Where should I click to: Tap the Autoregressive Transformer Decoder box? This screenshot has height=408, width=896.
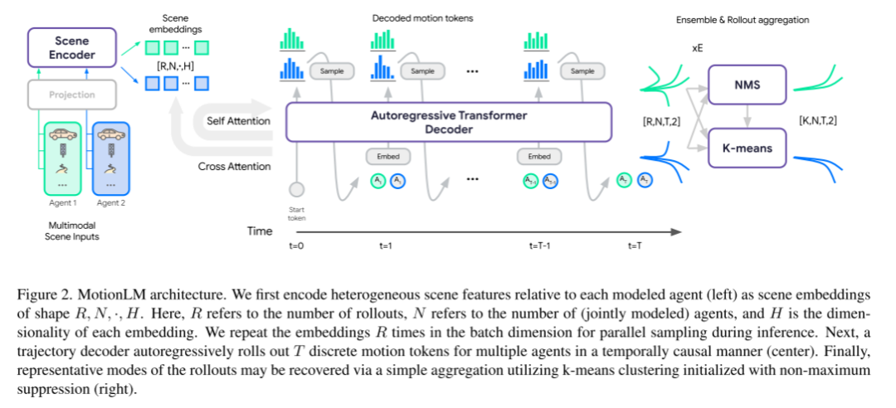(x=448, y=121)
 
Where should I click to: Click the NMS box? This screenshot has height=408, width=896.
(x=744, y=83)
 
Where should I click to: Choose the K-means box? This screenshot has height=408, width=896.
(x=744, y=149)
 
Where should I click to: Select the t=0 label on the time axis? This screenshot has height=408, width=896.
(x=297, y=245)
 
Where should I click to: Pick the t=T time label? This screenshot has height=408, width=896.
(x=635, y=245)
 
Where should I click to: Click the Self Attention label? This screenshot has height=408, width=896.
(x=238, y=121)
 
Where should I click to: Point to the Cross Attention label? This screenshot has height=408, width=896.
(x=235, y=166)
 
